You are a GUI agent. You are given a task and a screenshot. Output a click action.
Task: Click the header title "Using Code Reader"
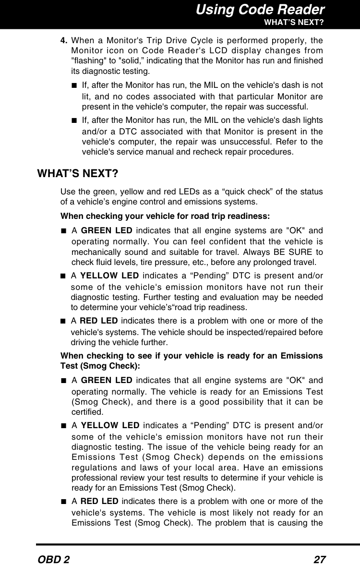(x=260, y=10)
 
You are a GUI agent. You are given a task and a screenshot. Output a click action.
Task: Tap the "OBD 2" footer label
(x=53, y=560)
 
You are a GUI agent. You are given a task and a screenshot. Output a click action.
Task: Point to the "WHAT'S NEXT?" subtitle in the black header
(x=293, y=22)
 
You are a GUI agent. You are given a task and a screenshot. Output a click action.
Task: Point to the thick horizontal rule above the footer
(x=197, y=545)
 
